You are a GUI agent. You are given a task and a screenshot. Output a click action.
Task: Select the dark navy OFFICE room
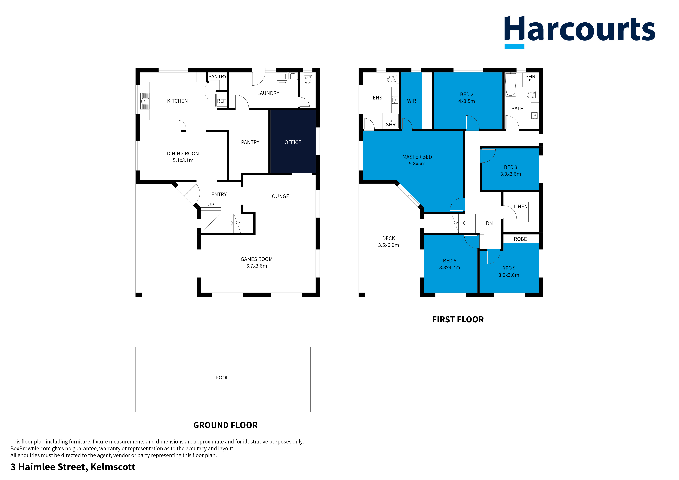pyautogui.click(x=293, y=142)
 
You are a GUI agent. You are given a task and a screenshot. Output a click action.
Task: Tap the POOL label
pyautogui.click(x=222, y=378)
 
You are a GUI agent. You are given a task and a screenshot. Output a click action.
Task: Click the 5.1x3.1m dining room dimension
pyautogui.click(x=183, y=160)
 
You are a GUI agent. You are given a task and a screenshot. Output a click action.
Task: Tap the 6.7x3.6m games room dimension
pyautogui.click(x=256, y=266)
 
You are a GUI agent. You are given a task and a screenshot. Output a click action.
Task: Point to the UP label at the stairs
pyautogui.click(x=211, y=204)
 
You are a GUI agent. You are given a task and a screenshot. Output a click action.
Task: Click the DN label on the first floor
pyautogui.click(x=489, y=223)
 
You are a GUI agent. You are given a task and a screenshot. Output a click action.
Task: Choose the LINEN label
pyautogui.click(x=521, y=206)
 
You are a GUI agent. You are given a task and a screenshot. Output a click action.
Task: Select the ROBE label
pyautogui.click(x=520, y=239)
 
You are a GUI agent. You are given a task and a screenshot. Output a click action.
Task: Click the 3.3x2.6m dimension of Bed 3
pyautogui.click(x=510, y=174)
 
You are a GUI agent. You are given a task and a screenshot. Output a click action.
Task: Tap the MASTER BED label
pyautogui.click(x=417, y=157)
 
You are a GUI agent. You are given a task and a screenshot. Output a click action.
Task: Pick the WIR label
pyautogui.click(x=411, y=101)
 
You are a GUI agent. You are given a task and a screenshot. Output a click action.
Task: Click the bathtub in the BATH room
pyautogui.click(x=511, y=85)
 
